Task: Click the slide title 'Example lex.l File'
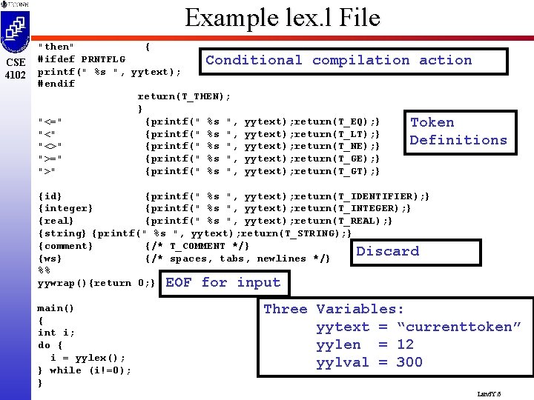click(x=282, y=17)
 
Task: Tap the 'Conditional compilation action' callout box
click(x=338, y=61)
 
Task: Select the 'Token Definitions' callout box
click(x=458, y=131)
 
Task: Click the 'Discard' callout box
click(x=387, y=251)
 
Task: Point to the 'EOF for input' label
click(x=222, y=282)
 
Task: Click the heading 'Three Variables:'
click(x=334, y=309)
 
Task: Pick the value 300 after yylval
click(x=409, y=362)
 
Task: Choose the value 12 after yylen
click(x=405, y=344)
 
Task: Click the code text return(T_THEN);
click(x=184, y=96)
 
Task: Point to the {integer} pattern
click(x=65, y=208)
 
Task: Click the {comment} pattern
click(x=65, y=246)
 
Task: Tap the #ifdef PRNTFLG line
click(x=82, y=59)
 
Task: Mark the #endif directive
click(x=56, y=84)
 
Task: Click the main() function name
click(x=56, y=308)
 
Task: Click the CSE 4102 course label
click(x=15, y=68)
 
